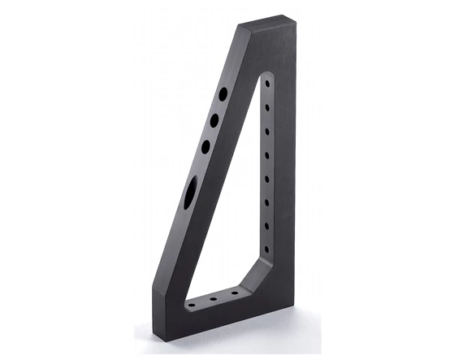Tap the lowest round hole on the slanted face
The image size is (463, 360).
(x=206, y=146)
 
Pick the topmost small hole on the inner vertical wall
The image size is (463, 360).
(x=268, y=84)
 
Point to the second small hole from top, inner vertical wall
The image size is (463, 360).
(x=268, y=106)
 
